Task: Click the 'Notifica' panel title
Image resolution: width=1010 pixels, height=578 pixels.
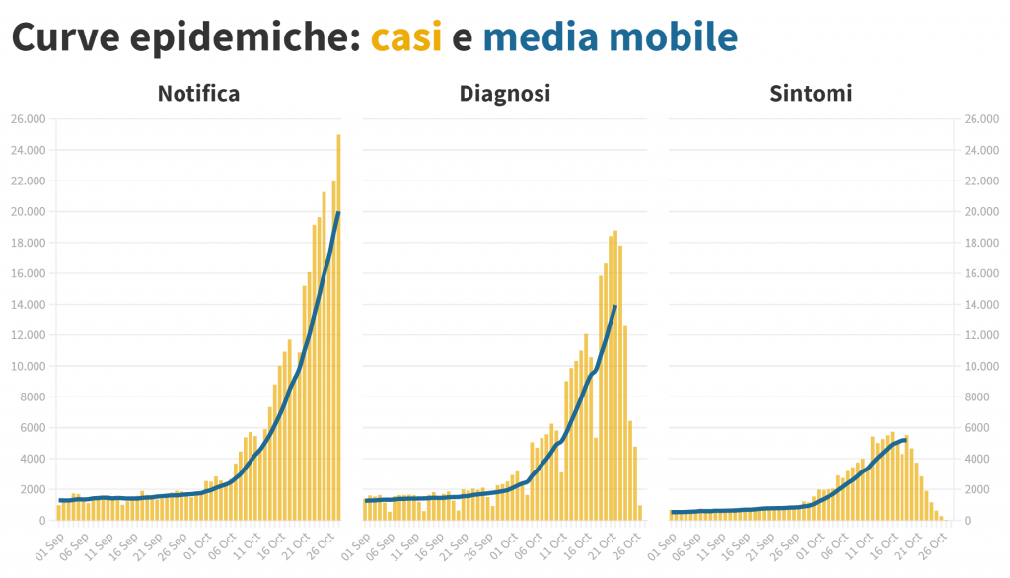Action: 198,94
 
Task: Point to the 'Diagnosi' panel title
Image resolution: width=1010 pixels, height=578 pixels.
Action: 505,94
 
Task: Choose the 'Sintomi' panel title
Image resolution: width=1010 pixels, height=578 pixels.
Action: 811,94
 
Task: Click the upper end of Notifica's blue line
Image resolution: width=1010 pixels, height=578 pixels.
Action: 338,213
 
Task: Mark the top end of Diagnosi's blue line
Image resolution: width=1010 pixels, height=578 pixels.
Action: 614,307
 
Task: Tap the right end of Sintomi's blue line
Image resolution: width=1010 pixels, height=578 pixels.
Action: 905,440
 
